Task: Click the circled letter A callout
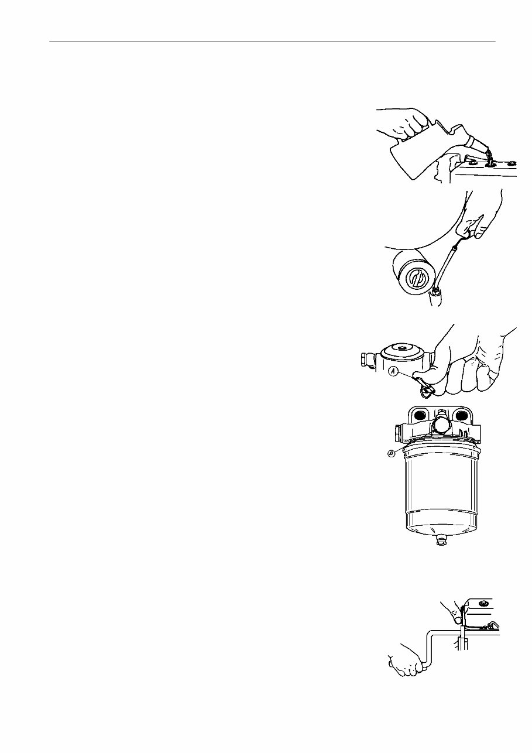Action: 393,371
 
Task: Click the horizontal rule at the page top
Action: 272,42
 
